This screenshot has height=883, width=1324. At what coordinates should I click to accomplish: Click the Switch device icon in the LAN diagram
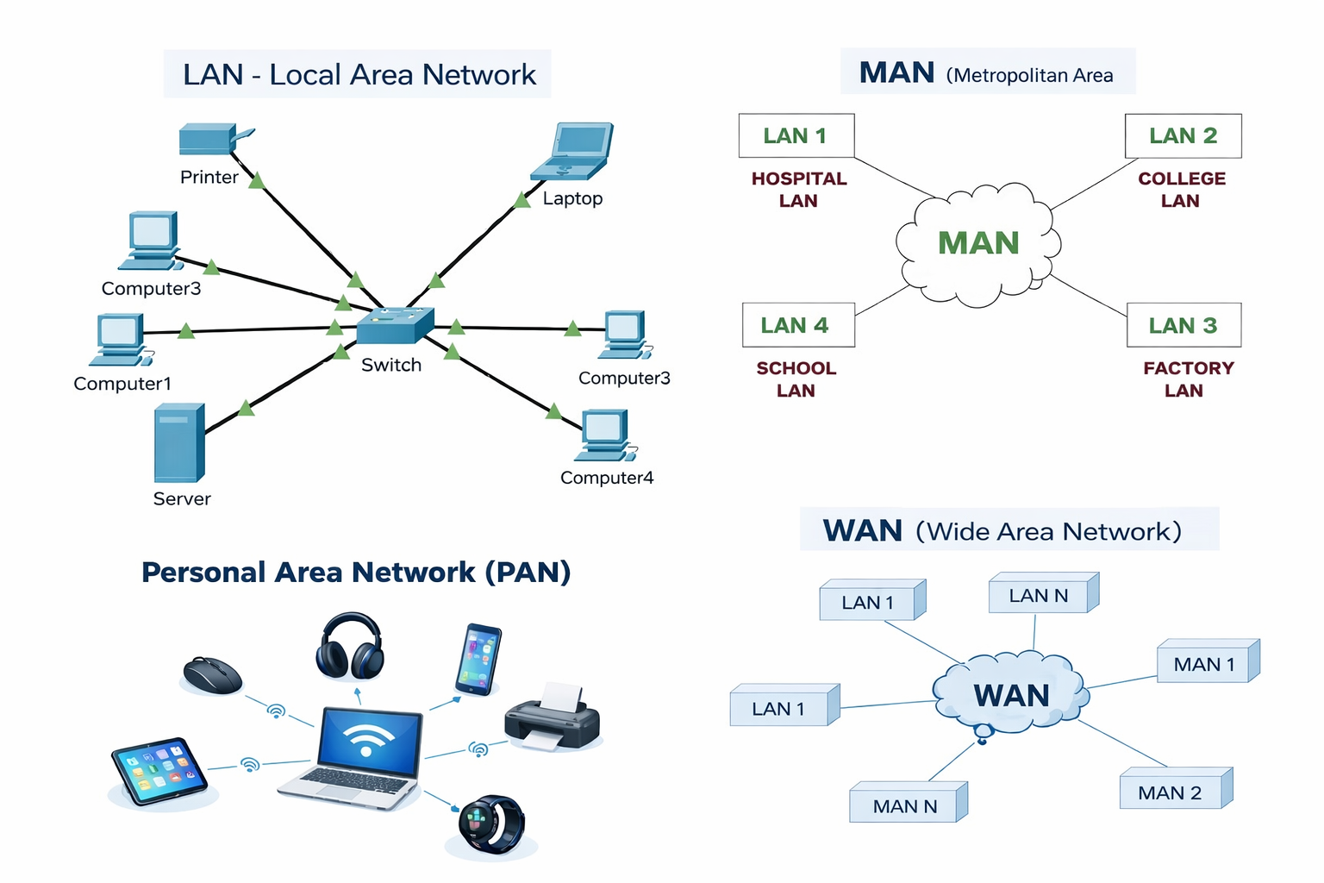point(395,326)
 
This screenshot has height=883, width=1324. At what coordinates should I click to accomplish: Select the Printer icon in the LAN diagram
point(211,140)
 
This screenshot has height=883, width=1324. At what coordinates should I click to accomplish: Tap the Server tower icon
point(179,443)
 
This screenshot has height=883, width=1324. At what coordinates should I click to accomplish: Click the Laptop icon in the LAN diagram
point(573,151)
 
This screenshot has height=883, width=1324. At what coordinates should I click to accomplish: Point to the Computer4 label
point(607,478)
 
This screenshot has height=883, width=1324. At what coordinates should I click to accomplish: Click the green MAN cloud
point(978,244)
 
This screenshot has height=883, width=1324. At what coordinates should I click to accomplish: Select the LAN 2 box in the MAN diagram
point(1183,136)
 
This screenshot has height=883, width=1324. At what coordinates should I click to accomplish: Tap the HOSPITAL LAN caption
point(798,190)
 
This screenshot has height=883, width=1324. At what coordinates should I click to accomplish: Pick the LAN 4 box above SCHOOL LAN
point(798,325)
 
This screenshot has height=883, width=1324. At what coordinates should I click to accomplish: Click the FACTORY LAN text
point(1188,379)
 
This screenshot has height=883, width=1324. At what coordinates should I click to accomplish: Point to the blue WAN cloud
point(1011,695)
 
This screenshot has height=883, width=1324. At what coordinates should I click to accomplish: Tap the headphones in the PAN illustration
point(349,647)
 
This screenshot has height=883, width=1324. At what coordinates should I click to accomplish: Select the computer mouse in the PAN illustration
point(212,675)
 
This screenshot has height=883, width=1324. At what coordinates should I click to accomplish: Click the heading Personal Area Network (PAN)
point(356,573)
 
